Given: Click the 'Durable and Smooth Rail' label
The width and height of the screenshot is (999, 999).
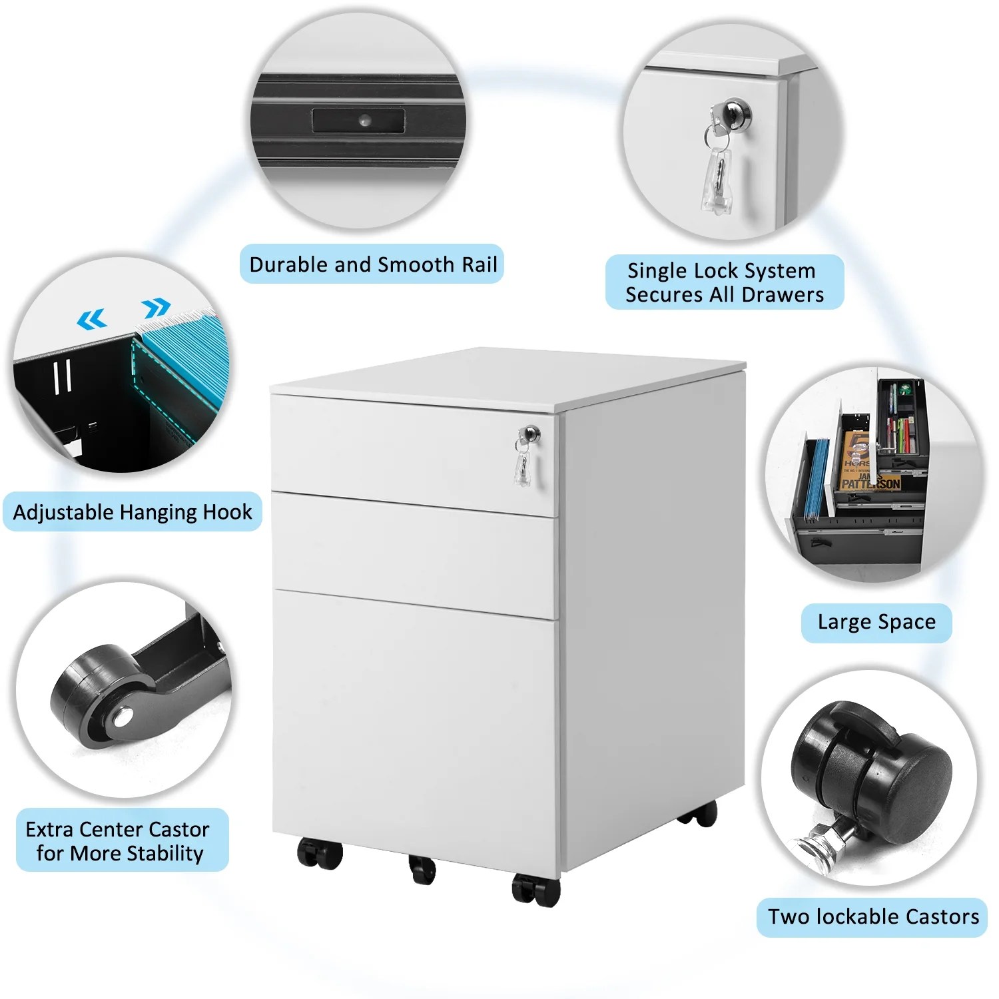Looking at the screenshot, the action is pyautogui.click(x=373, y=264).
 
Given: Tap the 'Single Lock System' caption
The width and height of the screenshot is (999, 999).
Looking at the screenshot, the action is pyautogui.click(x=721, y=271).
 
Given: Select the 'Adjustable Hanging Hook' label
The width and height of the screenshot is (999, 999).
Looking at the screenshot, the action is pyautogui.click(x=133, y=512).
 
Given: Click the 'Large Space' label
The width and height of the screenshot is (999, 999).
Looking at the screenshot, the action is pyautogui.click(x=876, y=622).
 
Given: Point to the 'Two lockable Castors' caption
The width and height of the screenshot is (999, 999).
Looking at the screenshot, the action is pyautogui.click(x=873, y=916).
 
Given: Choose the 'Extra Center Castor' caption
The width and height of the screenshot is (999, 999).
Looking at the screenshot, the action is pyautogui.click(x=117, y=829).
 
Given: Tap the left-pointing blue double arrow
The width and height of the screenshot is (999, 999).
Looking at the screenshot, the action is pyautogui.click(x=92, y=320).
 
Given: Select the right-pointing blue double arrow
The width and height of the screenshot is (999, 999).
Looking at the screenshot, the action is pyautogui.click(x=157, y=308).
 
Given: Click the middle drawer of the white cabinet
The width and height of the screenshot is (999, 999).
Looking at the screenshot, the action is pyautogui.click(x=414, y=554).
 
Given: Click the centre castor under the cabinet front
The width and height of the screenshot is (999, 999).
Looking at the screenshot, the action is pyautogui.click(x=422, y=868).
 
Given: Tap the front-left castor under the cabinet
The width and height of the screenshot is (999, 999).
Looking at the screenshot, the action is pyautogui.click(x=320, y=853).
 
